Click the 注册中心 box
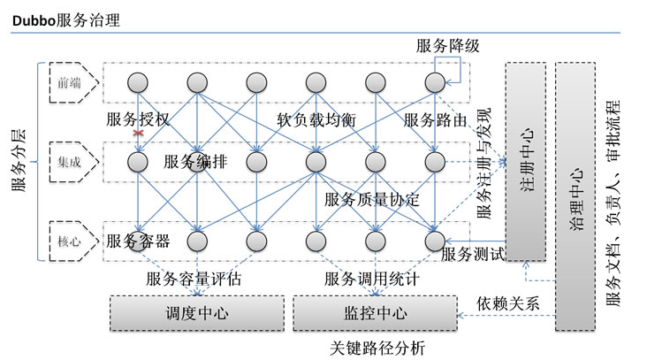(525, 162)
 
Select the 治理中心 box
(578, 197)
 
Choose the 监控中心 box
(373, 312)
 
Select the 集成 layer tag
(69, 162)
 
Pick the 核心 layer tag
(69, 240)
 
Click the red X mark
(138, 133)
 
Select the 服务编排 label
(195, 162)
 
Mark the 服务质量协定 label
(371, 200)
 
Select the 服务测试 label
(472, 255)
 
